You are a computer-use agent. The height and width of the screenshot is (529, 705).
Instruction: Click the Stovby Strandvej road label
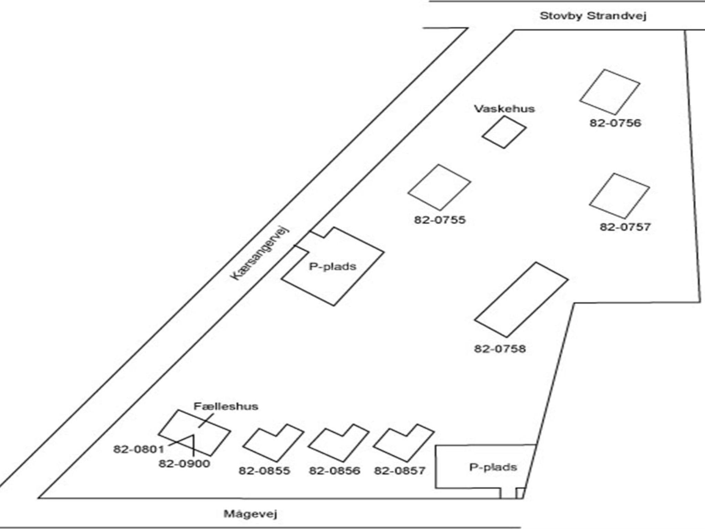(x=593, y=16)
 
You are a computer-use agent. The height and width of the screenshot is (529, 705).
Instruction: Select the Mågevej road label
(x=250, y=514)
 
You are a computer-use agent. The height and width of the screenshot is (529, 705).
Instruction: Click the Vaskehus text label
(x=504, y=109)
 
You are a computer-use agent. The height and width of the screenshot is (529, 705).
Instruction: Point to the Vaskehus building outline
(x=504, y=132)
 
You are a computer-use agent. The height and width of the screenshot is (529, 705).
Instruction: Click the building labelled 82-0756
(x=610, y=92)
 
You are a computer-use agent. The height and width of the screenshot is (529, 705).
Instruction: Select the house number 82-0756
(x=615, y=123)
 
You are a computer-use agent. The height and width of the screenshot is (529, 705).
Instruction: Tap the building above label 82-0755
(x=439, y=187)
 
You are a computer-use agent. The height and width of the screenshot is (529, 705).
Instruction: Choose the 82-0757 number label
(x=625, y=227)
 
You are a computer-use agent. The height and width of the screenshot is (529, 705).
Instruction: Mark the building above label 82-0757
(x=619, y=196)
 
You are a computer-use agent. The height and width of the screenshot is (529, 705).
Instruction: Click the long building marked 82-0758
(x=521, y=300)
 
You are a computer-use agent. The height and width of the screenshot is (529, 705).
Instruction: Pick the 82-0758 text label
(x=500, y=349)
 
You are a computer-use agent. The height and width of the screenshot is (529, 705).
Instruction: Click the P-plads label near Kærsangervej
(x=333, y=267)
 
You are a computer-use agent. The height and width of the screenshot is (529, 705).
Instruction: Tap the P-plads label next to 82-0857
(x=493, y=467)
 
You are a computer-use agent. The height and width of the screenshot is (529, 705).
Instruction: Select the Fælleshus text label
(x=226, y=406)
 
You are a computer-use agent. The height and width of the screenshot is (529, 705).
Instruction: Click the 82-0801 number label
(x=139, y=449)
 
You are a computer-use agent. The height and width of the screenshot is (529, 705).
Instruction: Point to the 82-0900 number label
(x=184, y=464)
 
